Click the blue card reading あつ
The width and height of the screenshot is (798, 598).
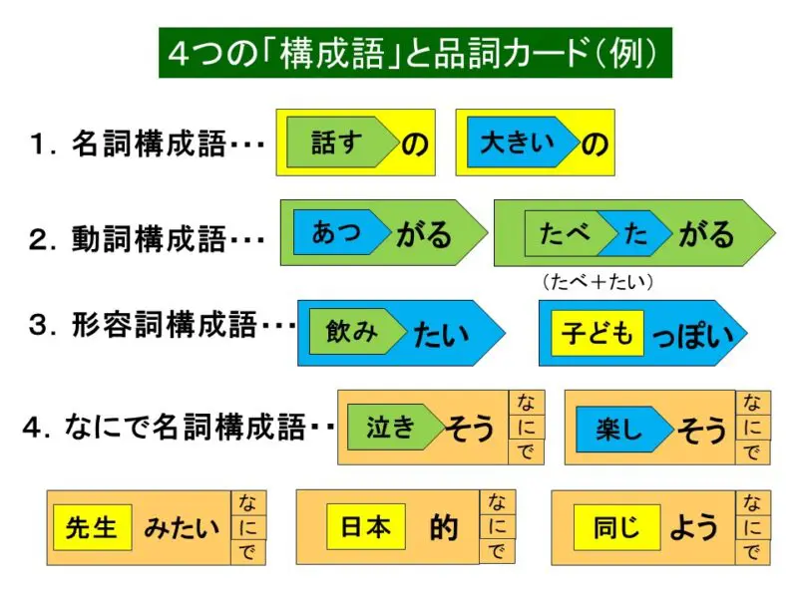pyautogui.click(x=337, y=232)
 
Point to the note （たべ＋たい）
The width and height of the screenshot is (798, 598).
pyautogui.click(x=598, y=282)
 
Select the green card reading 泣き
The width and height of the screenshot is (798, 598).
pyautogui.click(x=391, y=428)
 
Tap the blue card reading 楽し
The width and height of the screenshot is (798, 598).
pyautogui.click(x=618, y=430)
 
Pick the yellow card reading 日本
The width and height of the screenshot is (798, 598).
pyautogui.click(x=365, y=526)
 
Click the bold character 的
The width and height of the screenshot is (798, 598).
pyautogui.click(x=443, y=527)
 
